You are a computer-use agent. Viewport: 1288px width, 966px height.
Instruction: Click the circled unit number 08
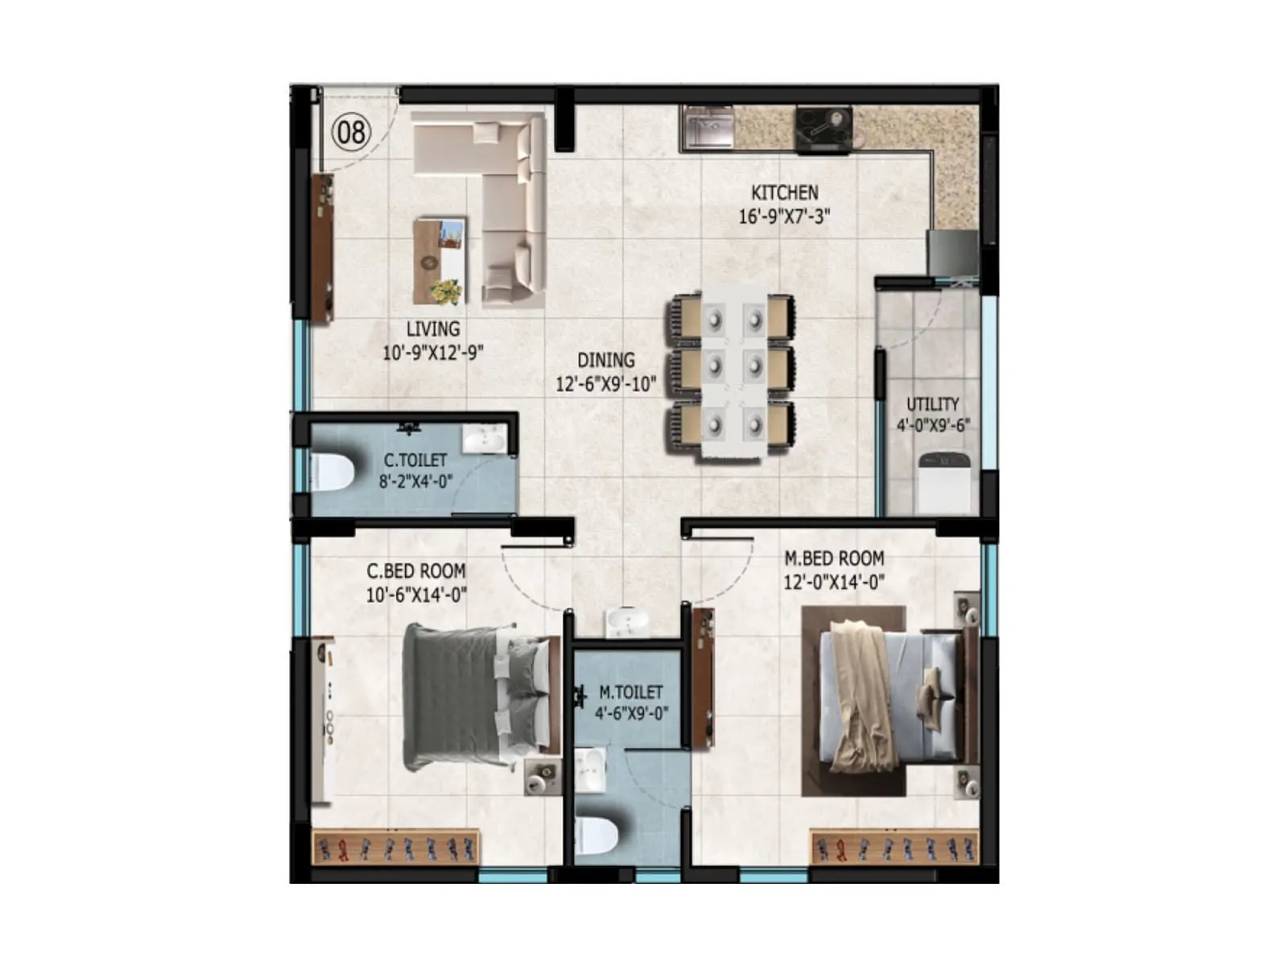tap(351, 132)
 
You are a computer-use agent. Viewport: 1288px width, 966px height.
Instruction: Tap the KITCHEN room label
tap(784, 193)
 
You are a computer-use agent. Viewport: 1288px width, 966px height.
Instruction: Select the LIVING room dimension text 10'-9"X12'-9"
tap(432, 353)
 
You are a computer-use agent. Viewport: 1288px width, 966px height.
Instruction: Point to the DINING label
tap(605, 361)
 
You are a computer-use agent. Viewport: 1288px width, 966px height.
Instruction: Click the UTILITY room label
tap(932, 404)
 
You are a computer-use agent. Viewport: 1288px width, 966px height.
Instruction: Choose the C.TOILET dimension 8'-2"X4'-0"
tap(415, 481)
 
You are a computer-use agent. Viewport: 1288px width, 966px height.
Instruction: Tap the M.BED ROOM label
tap(834, 559)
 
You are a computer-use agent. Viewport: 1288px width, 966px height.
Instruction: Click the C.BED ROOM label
tap(415, 572)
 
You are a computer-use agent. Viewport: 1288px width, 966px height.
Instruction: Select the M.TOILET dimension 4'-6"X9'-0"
tap(631, 713)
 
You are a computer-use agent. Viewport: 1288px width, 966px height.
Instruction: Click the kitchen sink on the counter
tap(708, 129)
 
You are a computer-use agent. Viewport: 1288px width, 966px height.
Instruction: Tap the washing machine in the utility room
tap(945, 483)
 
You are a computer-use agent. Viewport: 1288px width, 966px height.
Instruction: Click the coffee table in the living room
tap(440, 260)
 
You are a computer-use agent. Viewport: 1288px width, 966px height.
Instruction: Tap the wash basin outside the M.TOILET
tap(626, 621)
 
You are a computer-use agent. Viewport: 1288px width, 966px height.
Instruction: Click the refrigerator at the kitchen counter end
tap(952, 253)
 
